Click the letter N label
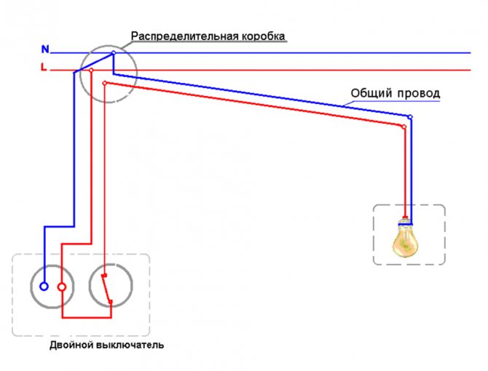click(45, 49)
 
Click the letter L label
click(44, 68)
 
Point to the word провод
click(418, 94)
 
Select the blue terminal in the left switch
click(44, 287)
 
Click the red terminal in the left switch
click(62, 287)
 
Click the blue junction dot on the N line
click(113, 52)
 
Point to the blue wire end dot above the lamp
click(410, 117)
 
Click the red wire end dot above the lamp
click(404, 126)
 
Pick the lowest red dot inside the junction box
click(105, 83)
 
